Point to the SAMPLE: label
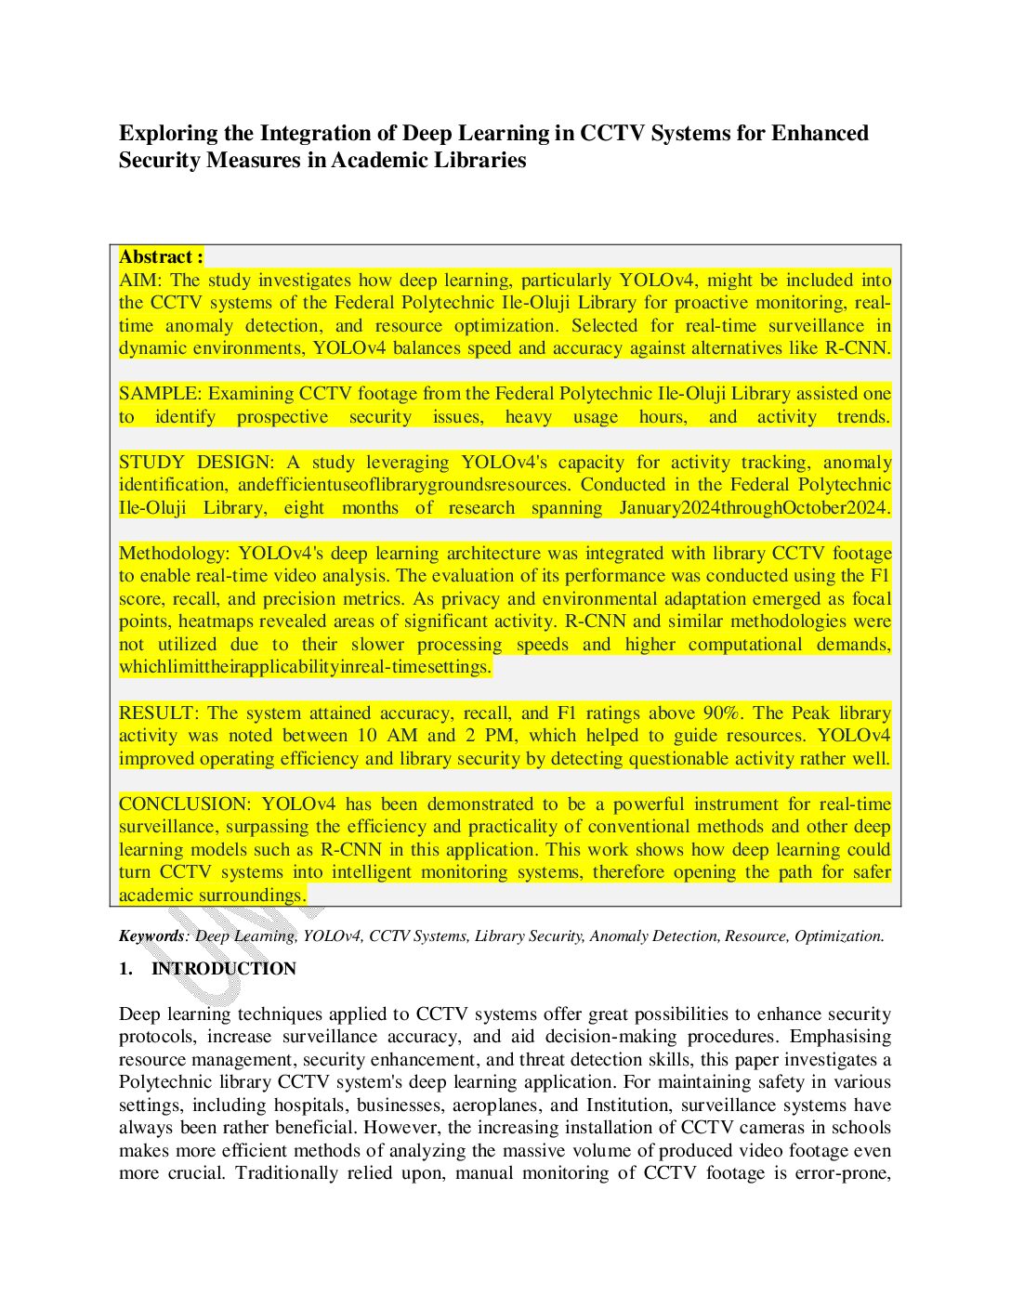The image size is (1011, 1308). click(159, 394)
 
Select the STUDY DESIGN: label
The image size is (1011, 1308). click(196, 463)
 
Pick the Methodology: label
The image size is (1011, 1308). click(175, 554)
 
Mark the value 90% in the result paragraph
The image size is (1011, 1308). click(722, 713)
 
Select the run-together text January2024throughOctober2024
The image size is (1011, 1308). click(755, 508)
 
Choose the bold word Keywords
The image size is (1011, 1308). click(151, 936)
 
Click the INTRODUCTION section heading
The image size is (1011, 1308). click(224, 969)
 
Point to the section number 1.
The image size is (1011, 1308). click(125, 969)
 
